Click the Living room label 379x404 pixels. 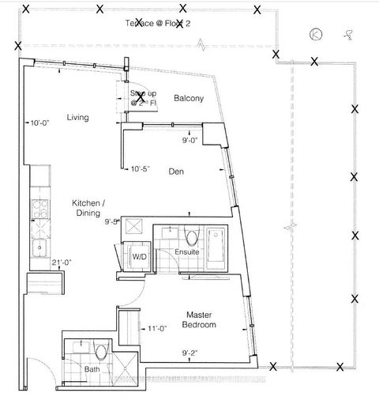coord(77,118)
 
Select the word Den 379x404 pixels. coord(175,168)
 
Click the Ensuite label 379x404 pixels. coord(186,252)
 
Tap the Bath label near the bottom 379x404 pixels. coord(92,369)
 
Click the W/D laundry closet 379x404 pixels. coord(139,257)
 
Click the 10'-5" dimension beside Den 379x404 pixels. coord(140,168)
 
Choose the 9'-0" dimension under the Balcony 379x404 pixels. coord(189,141)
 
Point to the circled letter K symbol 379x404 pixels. coord(316,34)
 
